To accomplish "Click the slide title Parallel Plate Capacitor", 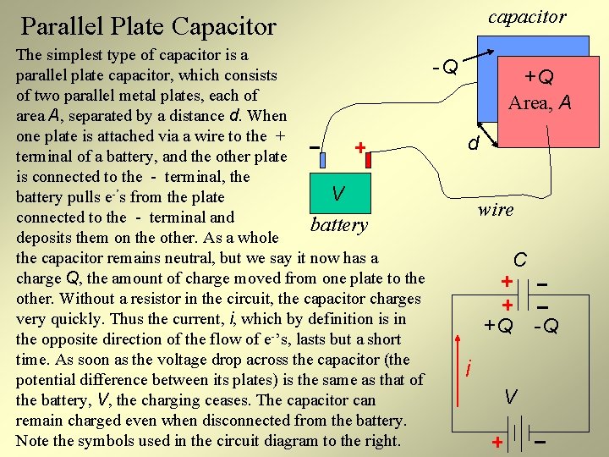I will pyautogui.click(x=148, y=26).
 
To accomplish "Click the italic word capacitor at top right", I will pyautogui.click(x=527, y=16).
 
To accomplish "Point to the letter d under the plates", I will pyautogui.click(x=475, y=145).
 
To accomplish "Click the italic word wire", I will pyautogui.click(x=495, y=209).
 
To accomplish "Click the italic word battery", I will pyautogui.click(x=339, y=224).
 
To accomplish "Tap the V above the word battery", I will pyautogui.click(x=337, y=194).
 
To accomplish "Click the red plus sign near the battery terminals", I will pyautogui.click(x=359, y=148).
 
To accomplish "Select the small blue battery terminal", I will pyautogui.click(x=322, y=157).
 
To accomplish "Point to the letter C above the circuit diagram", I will pyautogui.click(x=521, y=258).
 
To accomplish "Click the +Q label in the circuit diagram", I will pyautogui.click(x=498, y=325).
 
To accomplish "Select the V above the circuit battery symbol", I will pyautogui.click(x=510, y=395).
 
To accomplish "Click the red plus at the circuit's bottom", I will pyautogui.click(x=497, y=443).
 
